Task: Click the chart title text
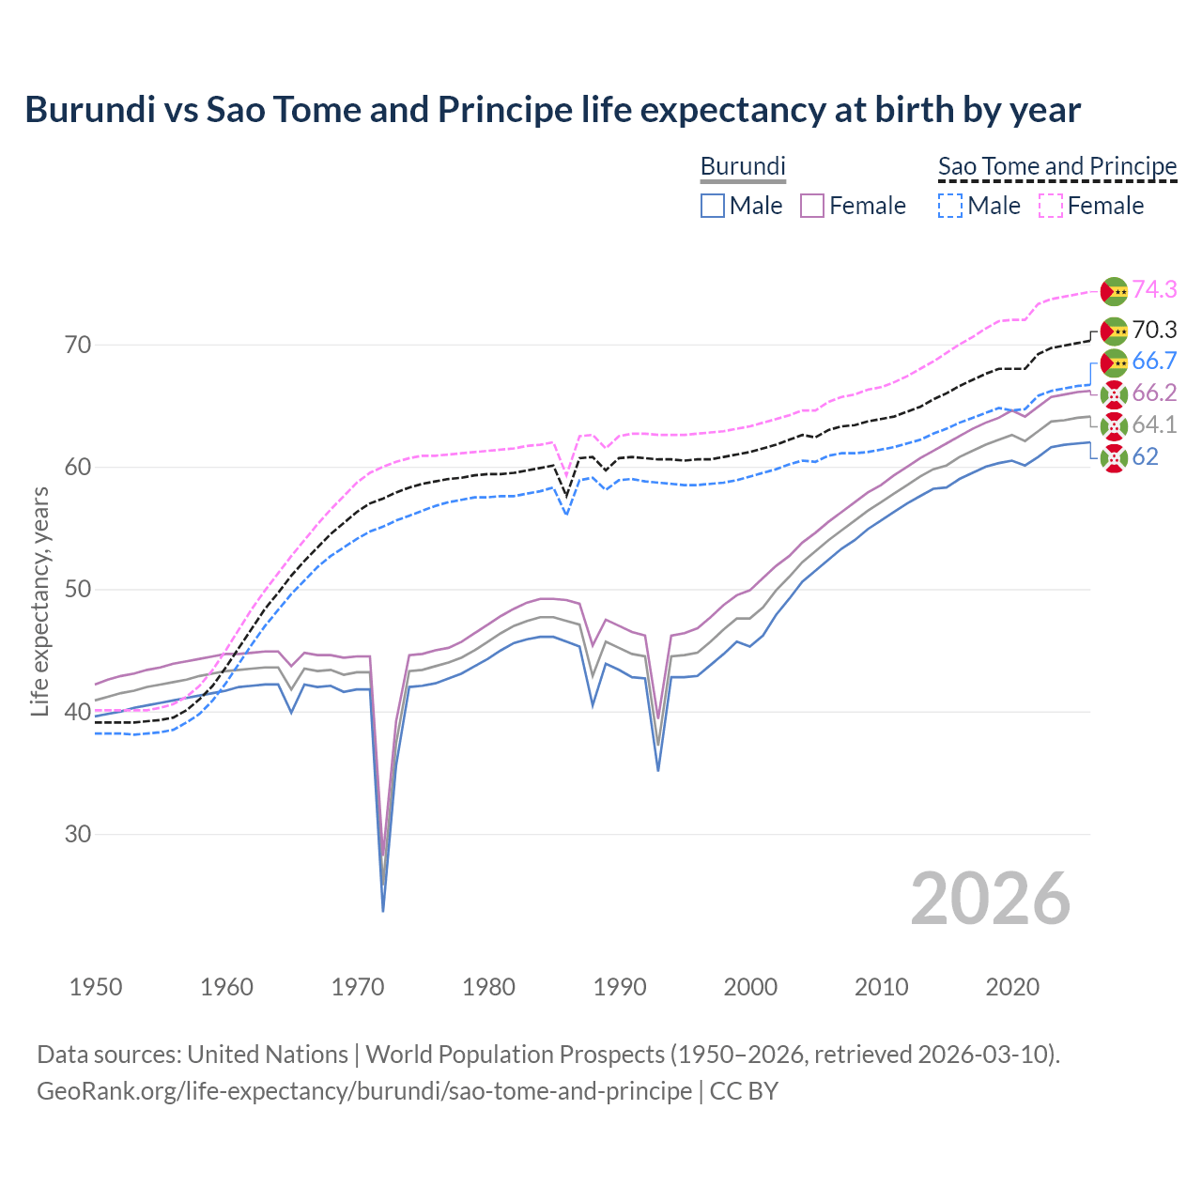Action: [552, 110]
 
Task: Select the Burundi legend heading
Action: [743, 167]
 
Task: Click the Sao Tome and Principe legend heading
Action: [1057, 167]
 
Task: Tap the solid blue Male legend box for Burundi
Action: [713, 206]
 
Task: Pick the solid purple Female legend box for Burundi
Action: [812, 206]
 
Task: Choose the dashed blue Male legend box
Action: [950, 206]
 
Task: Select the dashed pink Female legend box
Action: [1051, 206]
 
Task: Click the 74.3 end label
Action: [1154, 289]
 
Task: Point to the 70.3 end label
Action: [1154, 330]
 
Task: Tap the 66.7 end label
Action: [1154, 362]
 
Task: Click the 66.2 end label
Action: [1154, 393]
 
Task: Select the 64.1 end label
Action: [1154, 424]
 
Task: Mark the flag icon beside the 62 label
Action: [1114, 458]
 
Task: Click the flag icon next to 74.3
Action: [1114, 291]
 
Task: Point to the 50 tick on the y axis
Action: [78, 590]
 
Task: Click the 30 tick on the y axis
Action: [78, 834]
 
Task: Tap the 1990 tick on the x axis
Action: [620, 987]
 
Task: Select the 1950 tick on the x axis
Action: [96, 987]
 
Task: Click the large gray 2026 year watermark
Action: [990, 899]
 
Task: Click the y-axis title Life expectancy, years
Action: [40, 601]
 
